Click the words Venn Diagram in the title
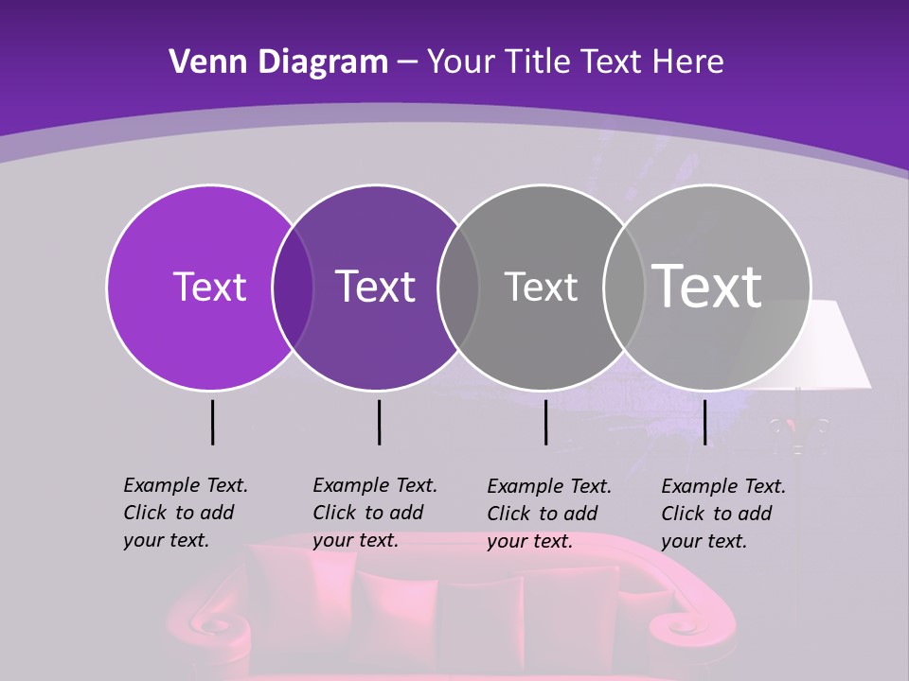[278, 62]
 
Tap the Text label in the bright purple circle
[209, 287]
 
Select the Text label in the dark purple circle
[375, 287]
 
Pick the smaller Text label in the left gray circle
[541, 287]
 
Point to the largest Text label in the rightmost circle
[707, 286]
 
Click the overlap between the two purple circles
[293, 287]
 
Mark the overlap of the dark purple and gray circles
[458, 287]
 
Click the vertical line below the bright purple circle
[212, 422]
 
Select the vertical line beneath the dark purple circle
[379, 422]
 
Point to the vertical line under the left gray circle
[545, 422]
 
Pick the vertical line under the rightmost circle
[704, 422]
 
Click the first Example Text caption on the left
[186, 513]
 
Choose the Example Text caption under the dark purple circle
[375, 513]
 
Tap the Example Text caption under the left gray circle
[549, 514]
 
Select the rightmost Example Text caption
[723, 514]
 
